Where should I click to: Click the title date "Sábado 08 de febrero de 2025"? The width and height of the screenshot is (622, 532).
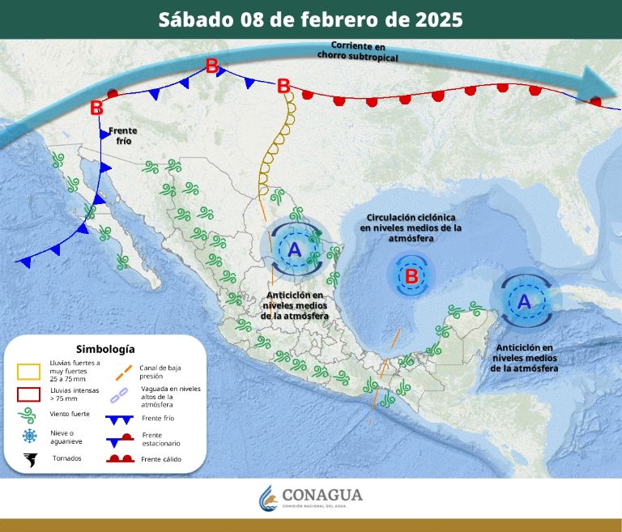[x=311, y=19]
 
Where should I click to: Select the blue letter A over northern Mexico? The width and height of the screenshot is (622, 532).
[x=295, y=249]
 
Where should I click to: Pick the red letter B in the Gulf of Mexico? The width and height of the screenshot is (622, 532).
[x=411, y=276]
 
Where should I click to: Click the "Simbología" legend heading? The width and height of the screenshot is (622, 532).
[x=105, y=349]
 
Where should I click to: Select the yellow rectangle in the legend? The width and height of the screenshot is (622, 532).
[x=29, y=372]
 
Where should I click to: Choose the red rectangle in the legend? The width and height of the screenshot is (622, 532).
[x=29, y=397]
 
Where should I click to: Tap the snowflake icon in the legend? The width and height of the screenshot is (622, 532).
[x=30, y=436]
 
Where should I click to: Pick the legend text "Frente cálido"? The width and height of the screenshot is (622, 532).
[x=161, y=460]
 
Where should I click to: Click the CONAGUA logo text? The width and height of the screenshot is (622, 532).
[x=322, y=495]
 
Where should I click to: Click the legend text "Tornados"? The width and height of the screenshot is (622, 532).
[x=67, y=458]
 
